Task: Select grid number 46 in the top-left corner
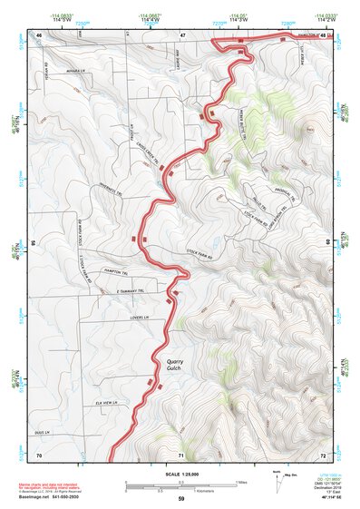[39, 35]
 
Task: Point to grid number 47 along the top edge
[182, 35]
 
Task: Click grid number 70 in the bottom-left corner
[39, 454]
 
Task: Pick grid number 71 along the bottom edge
[182, 454]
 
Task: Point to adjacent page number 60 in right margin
[327, 243]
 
